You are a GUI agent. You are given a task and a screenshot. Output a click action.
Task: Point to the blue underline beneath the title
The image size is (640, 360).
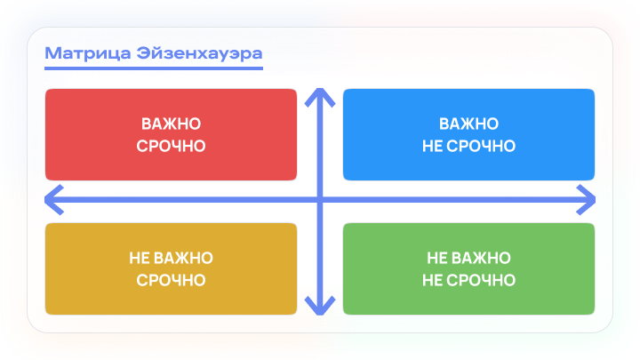pyautogui.click(x=154, y=68)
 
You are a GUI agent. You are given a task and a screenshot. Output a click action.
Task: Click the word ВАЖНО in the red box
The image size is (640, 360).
pyautogui.click(x=171, y=124)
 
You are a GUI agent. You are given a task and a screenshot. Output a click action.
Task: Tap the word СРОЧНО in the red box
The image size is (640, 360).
pyautogui.click(x=171, y=146)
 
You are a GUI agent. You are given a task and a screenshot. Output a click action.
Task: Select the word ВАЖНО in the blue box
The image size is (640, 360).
pyautogui.click(x=468, y=124)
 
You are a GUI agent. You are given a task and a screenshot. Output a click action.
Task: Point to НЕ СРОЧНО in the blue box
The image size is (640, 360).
pyautogui.click(x=468, y=146)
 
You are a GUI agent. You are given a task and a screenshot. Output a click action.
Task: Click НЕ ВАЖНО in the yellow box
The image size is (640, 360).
pyautogui.click(x=171, y=259)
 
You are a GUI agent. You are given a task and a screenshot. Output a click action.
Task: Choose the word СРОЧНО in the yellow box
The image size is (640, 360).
pyautogui.click(x=171, y=280)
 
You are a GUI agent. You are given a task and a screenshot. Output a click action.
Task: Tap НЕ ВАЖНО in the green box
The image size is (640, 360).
pyautogui.click(x=468, y=259)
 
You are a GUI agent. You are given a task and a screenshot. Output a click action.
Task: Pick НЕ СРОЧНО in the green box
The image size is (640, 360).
pyautogui.click(x=468, y=280)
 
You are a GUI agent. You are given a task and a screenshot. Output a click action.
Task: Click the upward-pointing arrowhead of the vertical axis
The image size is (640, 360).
pyautogui.click(x=319, y=95)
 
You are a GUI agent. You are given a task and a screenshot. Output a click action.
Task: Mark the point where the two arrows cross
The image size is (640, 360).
pyautogui.click(x=319, y=200)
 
